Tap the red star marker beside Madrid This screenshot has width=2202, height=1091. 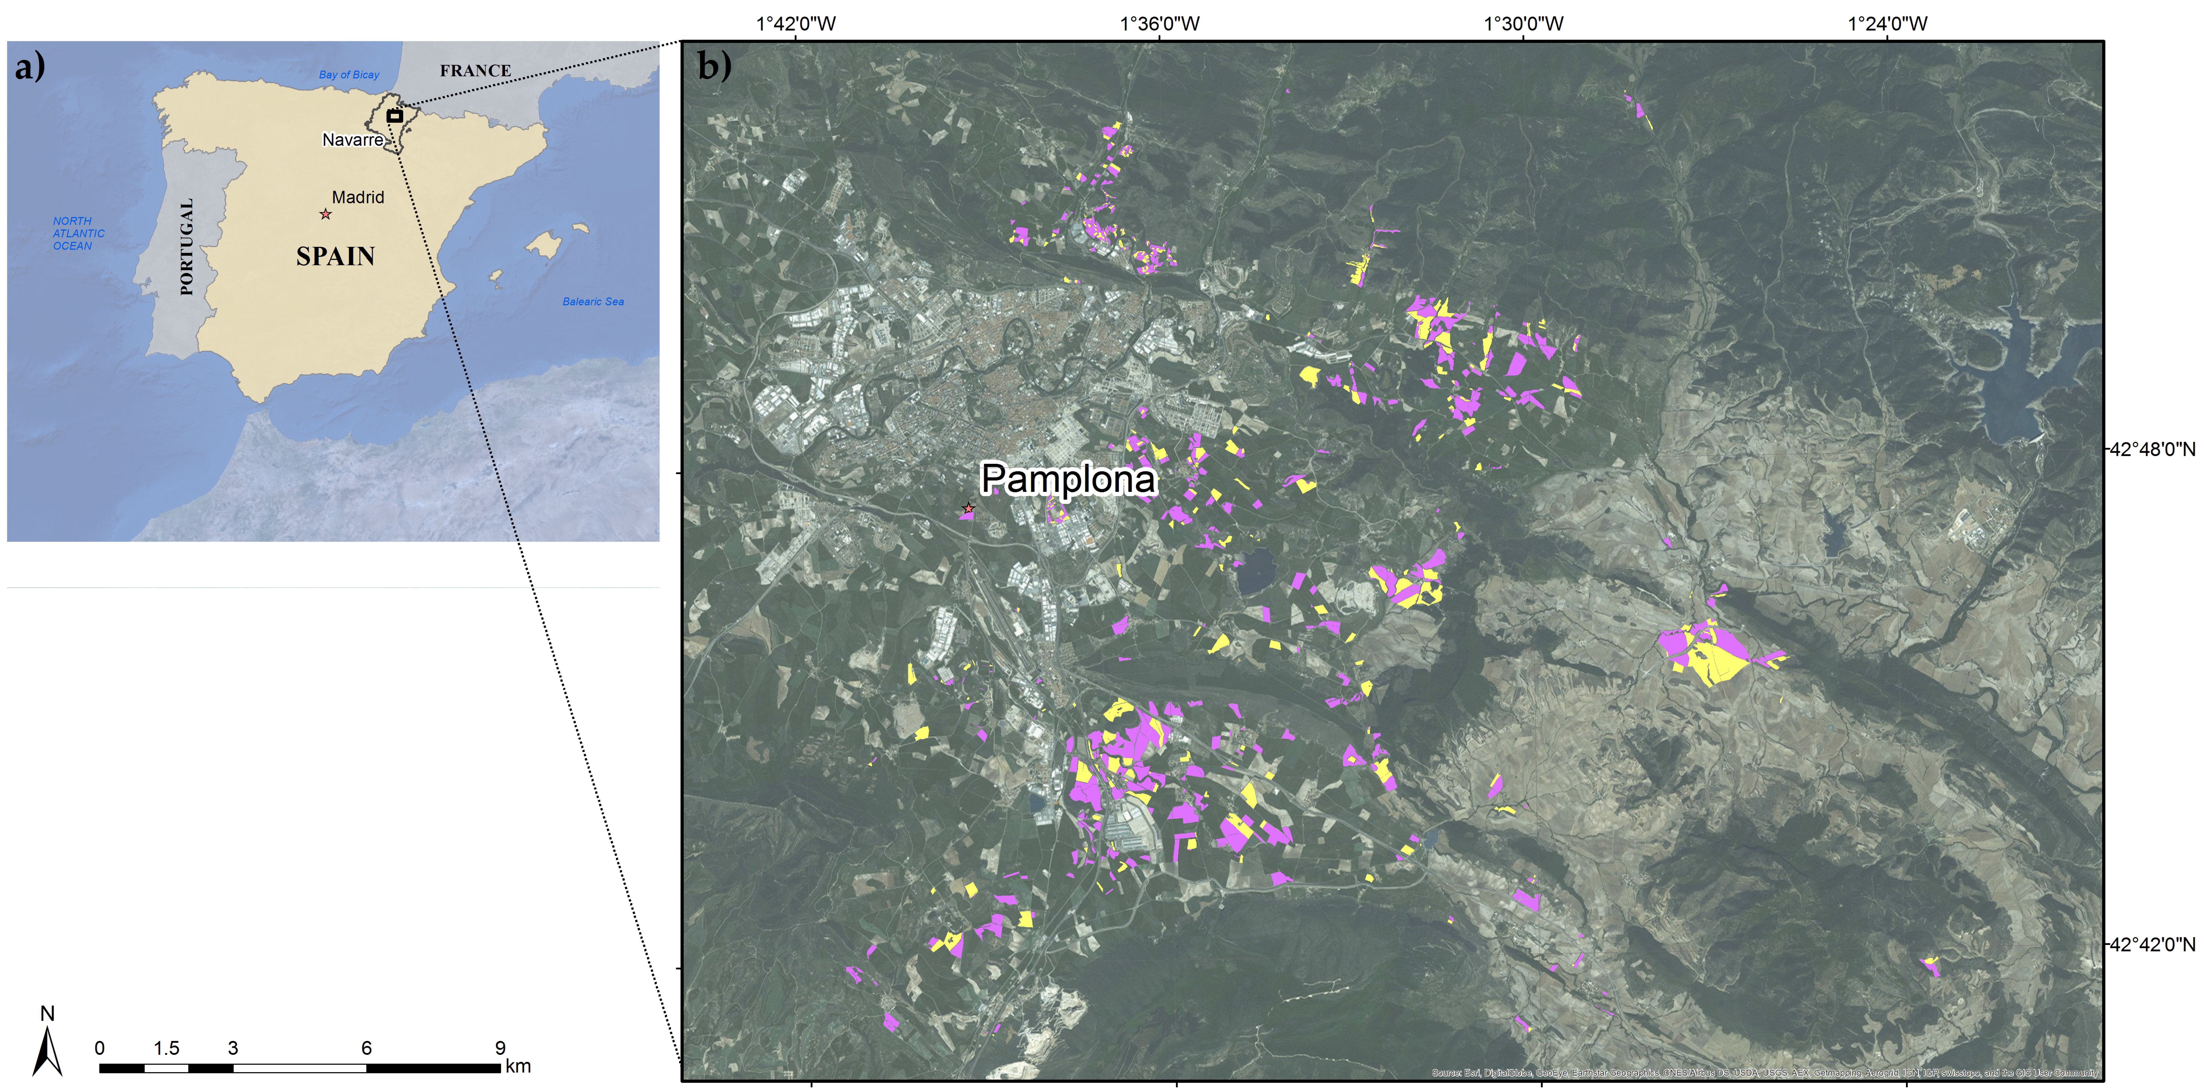(x=325, y=214)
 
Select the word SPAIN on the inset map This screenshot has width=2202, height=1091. (x=335, y=256)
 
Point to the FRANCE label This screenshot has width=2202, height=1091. (x=475, y=71)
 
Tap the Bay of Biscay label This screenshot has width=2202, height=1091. (x=349, y=74)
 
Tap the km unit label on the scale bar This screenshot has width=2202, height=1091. (x=518, y=1066)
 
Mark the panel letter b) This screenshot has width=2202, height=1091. (x=714, y=66)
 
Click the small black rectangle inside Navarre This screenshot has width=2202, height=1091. (x=394, y=115)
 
